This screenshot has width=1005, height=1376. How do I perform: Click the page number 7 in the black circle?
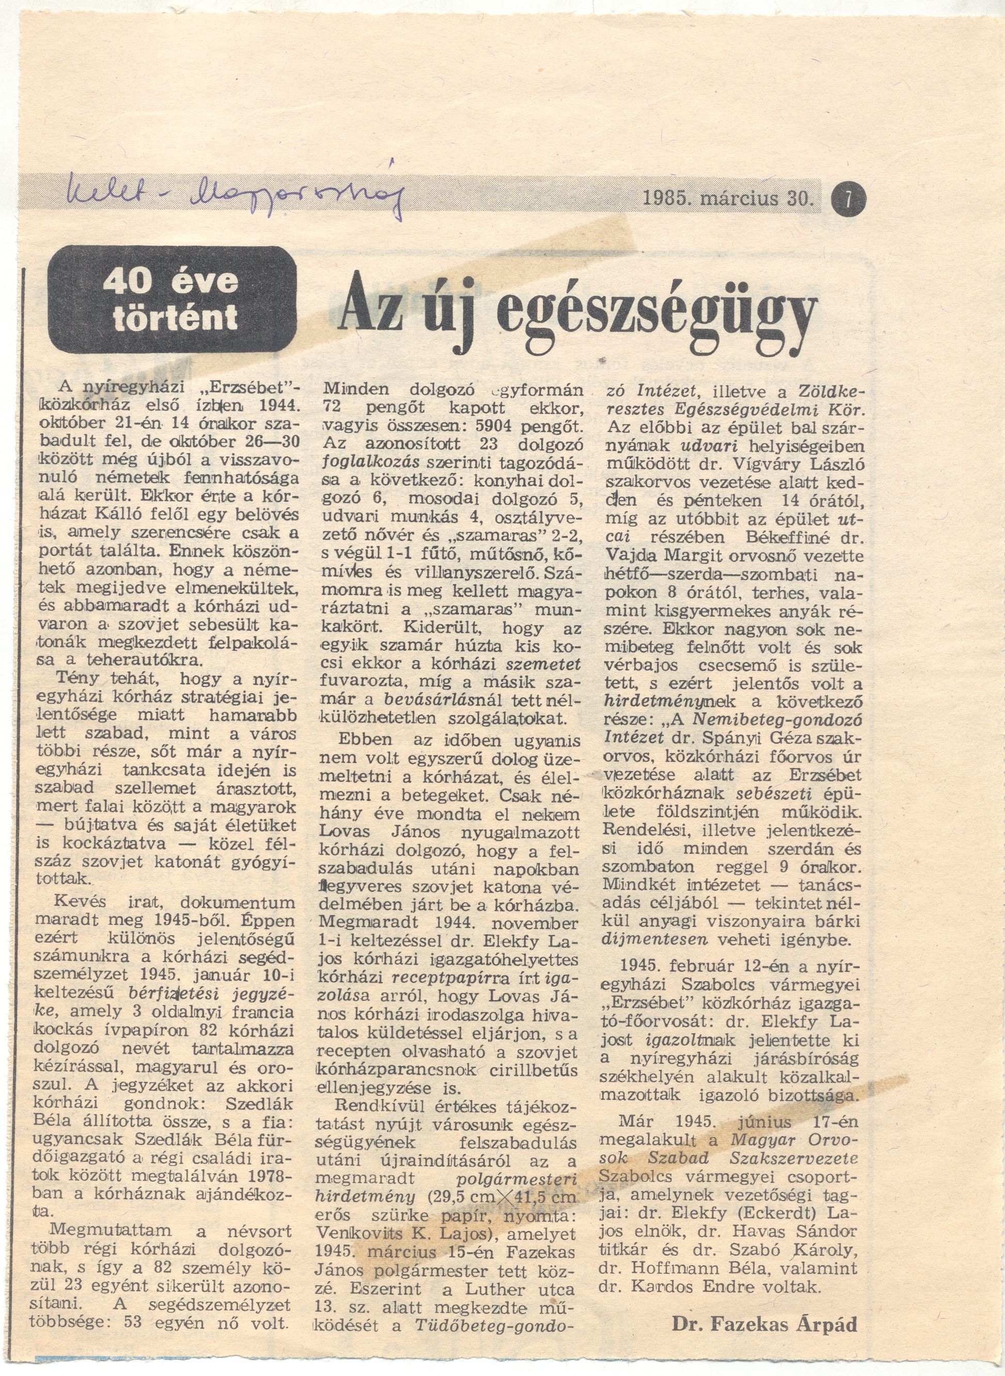[851, 198]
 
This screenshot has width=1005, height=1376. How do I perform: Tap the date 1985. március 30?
[728, 198]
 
